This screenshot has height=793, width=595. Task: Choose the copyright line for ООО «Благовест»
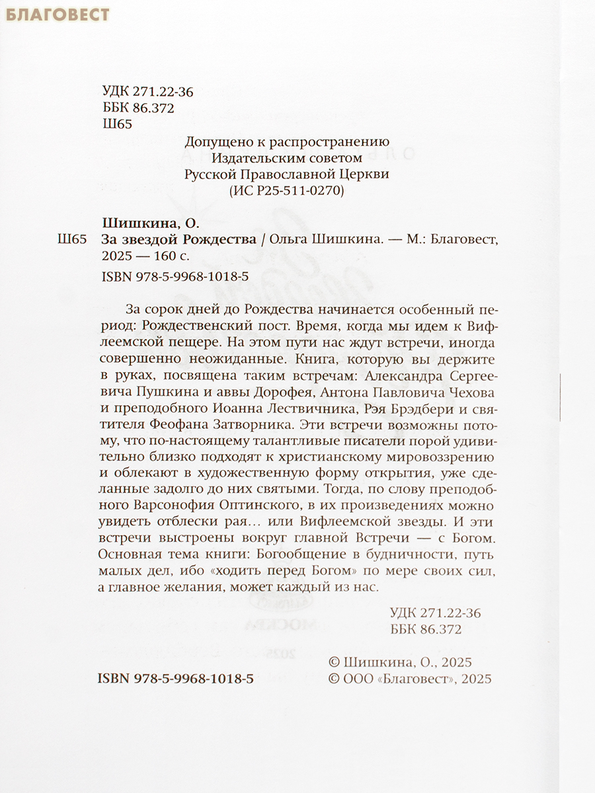click(x=410, y=679)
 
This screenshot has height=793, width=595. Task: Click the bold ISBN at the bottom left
click(x=175, y=679)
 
